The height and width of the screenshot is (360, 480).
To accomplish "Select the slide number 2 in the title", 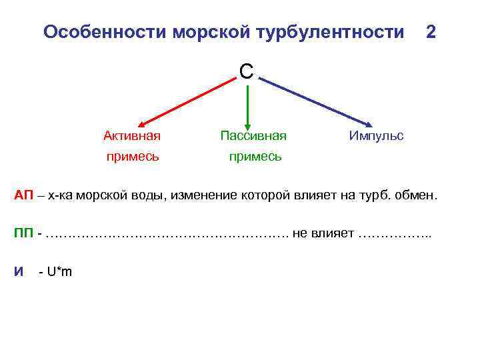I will click(x=431, y=31).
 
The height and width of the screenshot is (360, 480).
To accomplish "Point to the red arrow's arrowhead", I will click(x=141, y=123).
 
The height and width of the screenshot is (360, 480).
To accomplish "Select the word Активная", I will click(x=132, y=136).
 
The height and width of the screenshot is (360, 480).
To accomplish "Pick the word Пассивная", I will click(x=253, y=136).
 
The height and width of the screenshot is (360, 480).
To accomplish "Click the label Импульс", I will click(x=376, y=136).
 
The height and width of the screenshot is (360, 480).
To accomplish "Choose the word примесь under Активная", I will click(x=132, y=157).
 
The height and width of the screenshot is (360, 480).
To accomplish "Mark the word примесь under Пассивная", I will click(x=254, y=157).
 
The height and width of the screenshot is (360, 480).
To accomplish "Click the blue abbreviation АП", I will click(x=24, y=195).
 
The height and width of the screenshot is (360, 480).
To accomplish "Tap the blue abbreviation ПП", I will click(x=25, y=233).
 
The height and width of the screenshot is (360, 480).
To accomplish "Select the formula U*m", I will click(x=58, y=271).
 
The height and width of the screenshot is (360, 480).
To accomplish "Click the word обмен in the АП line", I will click(x=419, y=195).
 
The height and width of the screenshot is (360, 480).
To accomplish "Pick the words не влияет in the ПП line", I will click(x=323, y=233).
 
